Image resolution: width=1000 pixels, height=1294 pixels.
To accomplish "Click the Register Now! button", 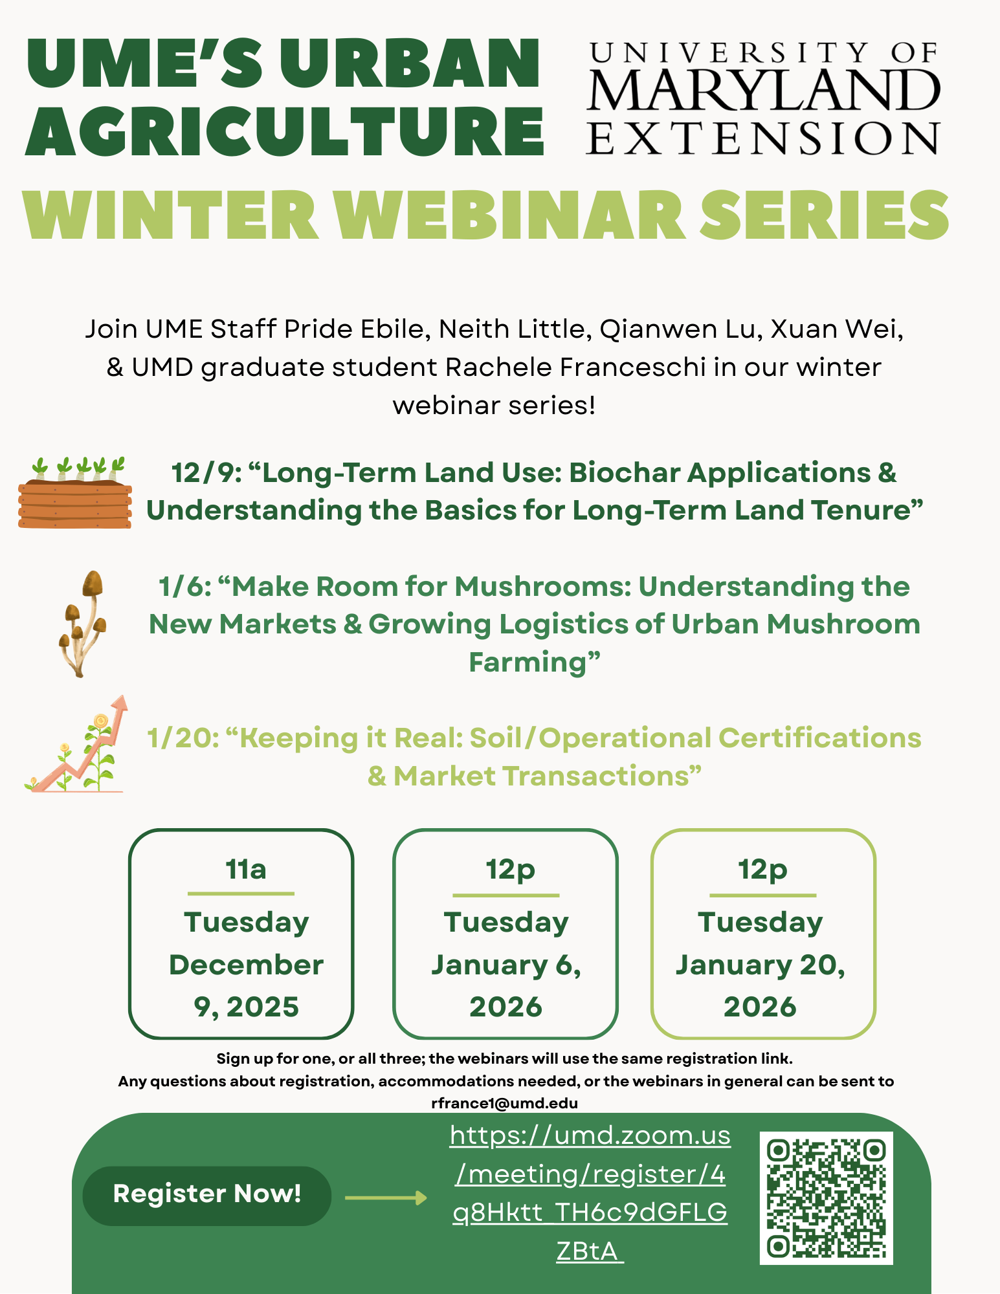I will tap(206, 1194).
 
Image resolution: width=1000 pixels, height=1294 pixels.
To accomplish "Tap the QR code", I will tap(826, 1198).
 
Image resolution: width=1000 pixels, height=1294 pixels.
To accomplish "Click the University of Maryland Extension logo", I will tap(763, 98).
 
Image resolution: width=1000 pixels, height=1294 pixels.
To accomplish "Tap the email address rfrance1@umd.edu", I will tap(504, 1103).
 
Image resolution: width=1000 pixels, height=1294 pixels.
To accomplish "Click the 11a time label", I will tap(245, 869).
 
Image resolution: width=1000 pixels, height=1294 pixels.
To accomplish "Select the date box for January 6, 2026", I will tap(506, 934).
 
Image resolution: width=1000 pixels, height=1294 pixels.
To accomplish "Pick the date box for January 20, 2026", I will tap(762, 934).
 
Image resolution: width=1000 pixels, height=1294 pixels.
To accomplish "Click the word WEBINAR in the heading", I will tap(511, 216).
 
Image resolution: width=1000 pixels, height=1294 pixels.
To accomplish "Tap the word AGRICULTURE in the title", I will tap(285, 132).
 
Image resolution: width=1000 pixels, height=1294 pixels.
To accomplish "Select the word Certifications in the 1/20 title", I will tap(819, 738).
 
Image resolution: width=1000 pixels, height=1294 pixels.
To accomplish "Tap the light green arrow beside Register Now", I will tap(386, 1198).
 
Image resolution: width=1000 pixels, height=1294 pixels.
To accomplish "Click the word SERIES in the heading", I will tap(825, 216).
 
